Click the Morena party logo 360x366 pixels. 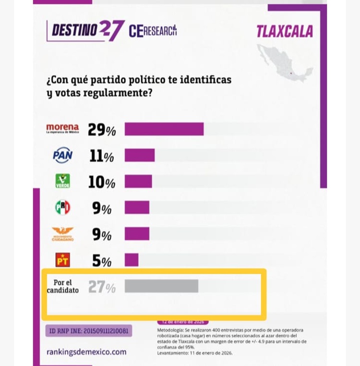(x=62, y=128)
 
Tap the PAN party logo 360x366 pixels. (x=62, y=155)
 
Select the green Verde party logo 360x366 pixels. (x=62, y=181)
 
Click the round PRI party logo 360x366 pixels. (x=62, y=207)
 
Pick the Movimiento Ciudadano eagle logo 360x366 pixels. (x=62, y=234)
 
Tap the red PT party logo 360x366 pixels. (x=62, y=260)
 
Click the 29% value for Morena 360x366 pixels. (x=101, y=130)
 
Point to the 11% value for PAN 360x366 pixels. (x=101, y=156)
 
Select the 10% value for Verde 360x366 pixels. (x=101, y=183)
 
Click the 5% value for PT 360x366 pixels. (x=102, y=261)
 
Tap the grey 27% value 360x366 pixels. (x=102, y=287)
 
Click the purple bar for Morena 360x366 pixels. (x=164, y=129)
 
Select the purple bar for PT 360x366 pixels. (x=132, y=260)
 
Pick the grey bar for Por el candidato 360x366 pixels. (x=161, y=286)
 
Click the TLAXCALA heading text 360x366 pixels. (x=284, y=32)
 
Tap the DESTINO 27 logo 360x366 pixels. (x=86, y=30)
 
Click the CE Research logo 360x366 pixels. (x=153, y=31)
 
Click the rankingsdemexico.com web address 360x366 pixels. (x=86, y=352)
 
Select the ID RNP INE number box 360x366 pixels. (x=89, y=331)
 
